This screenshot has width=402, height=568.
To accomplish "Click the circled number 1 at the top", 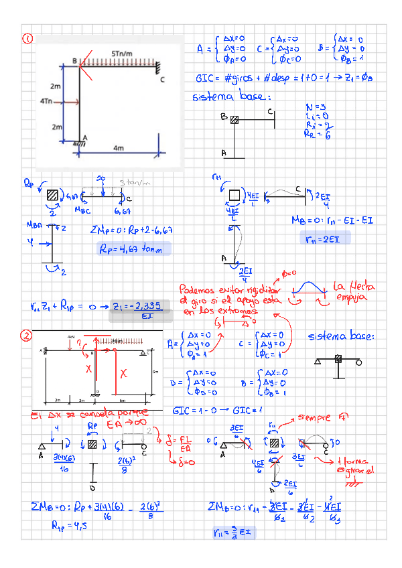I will (x=27, y=39).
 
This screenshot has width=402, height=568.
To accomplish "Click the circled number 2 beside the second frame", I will (x=27, y=336).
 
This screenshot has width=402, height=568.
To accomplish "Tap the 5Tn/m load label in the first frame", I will (x=122, y=54).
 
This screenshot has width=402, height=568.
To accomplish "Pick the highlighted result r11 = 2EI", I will (x=320, y=238).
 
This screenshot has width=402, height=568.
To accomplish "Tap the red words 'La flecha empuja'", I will (x=351, y=291).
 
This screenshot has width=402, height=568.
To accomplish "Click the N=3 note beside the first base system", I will (x=315, y=107).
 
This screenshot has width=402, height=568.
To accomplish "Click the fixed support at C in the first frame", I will (x=159, y=67).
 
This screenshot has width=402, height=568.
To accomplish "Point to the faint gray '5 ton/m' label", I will (x=133, y=182).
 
